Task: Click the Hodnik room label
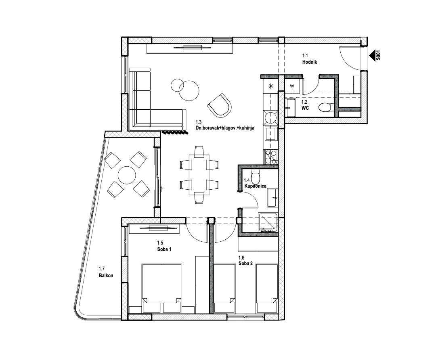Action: (310, 62)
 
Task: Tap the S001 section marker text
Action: (378, 55)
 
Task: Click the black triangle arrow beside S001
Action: (372, 56)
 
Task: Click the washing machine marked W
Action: (292, 86)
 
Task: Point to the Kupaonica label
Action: (255, 186)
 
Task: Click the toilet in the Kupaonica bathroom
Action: (256, 176)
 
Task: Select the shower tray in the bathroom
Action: (268, 223)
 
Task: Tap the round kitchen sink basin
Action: (271, 117)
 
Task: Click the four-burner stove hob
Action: (270, 157)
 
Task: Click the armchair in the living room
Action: (220, 105)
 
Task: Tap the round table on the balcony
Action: (127, 175)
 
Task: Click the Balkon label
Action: (106, 275)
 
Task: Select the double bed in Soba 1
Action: (161, 288)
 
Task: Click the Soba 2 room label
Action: (245, 263)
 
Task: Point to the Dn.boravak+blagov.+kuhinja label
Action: (225, 128)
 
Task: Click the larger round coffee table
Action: (189, 91)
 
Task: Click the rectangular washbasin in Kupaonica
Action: (272, 198)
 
